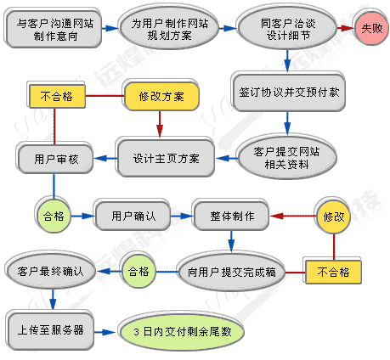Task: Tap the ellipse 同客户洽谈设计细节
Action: pyautogui.click(x=287, y=28)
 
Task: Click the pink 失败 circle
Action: pyautogui.click(x=371, y=28)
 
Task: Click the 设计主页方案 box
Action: pyautogui.click(x=167, y=158)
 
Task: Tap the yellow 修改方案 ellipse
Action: pyautogui.click(x=161, y=96)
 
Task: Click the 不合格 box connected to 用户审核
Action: pyautogui.click(x=55, y=96)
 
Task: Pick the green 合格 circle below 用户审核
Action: pyautogui.click(x=54, y=216)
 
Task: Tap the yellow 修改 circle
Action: pyautogui.click(x=334, y=216)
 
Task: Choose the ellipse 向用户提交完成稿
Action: pyautogui.click(x=231, y=272)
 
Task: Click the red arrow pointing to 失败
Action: pyautogui.click(x=345, y=28)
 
